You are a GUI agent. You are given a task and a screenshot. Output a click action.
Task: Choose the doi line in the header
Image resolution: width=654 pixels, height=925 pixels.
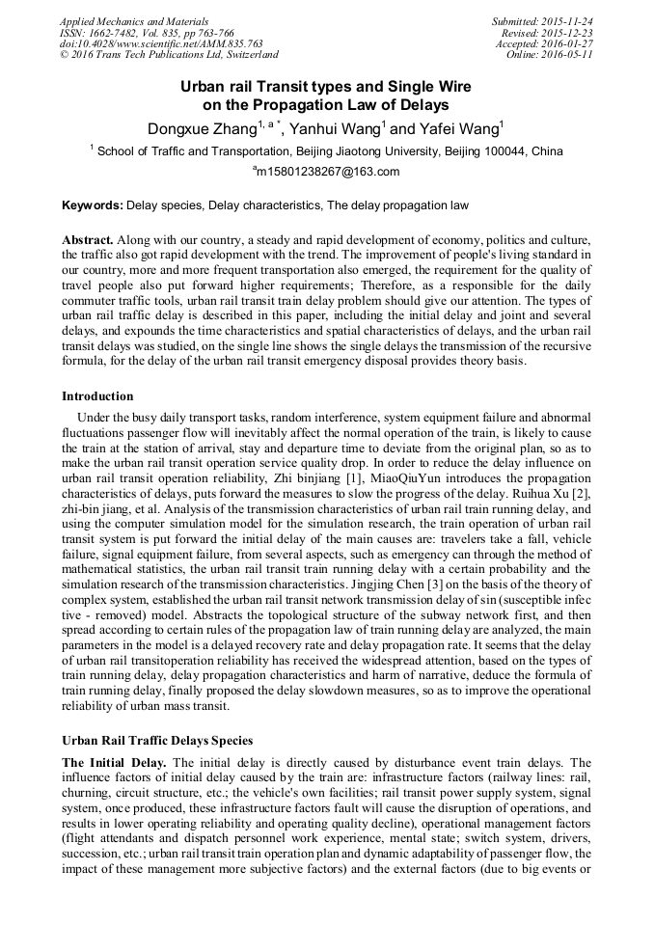click(x=161, y=44)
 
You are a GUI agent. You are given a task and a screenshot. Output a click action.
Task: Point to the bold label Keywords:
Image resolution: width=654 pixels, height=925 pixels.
click(x=93, y=205)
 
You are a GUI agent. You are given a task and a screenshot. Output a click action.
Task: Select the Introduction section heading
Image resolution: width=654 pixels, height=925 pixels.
click(x=97, y=395)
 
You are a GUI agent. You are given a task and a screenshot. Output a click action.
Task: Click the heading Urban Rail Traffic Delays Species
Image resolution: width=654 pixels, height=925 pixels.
click(x=157, y=741)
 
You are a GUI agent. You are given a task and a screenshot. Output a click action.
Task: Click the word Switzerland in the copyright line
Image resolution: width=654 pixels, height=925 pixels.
click(x=245, y=56)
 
